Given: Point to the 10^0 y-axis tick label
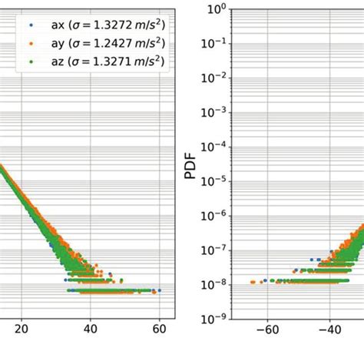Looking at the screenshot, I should (x=215, y=9).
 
